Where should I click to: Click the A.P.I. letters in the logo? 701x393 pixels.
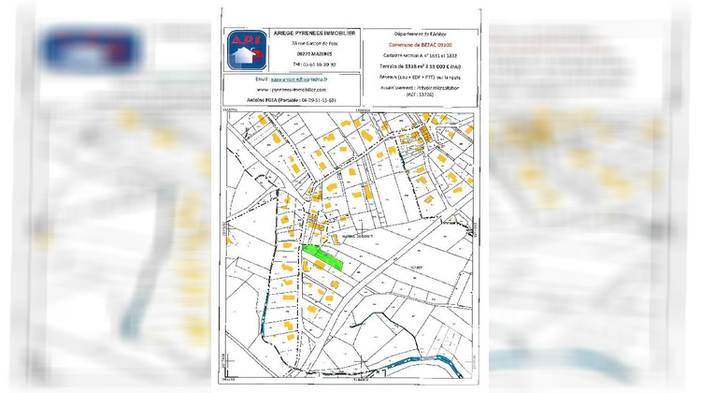click(245, 39)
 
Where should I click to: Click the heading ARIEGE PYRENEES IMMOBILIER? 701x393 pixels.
click(313, 32)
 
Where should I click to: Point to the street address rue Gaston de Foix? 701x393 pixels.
click(313, 44)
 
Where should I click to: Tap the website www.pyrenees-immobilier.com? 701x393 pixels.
click(304, 89)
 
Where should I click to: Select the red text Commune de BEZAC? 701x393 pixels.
click(417, 44)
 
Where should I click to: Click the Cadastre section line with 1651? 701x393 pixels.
click(417, 55)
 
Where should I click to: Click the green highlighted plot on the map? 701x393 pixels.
click(322, 255)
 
